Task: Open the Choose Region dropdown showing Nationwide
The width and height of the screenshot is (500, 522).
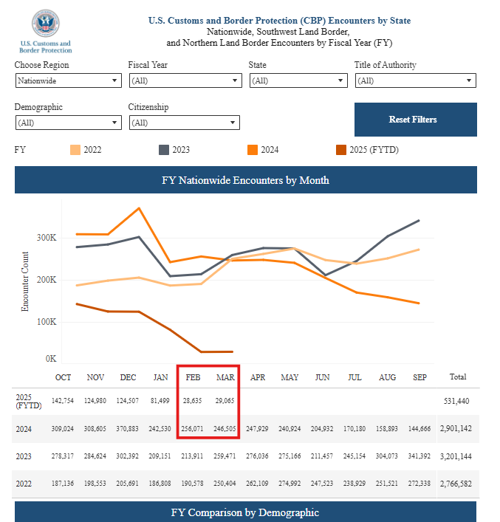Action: (67, 81)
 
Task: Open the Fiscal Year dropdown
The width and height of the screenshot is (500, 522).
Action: (184, 81)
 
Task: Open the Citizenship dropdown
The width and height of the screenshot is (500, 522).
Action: (184, 123)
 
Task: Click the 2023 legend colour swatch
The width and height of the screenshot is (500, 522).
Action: (164, 150)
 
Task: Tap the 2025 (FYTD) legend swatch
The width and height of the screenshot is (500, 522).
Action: (341, 150)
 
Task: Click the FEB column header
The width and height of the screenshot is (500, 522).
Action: (193, 377)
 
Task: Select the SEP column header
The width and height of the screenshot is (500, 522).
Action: (419, 377)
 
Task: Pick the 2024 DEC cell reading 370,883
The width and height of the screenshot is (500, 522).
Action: (128, 428)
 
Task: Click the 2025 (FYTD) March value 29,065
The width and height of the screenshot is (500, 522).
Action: (225, 401)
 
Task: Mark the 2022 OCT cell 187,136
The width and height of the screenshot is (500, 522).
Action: (64, 484)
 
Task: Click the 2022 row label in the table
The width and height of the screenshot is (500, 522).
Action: (24, 484)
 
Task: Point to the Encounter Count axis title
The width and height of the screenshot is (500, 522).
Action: (25, 281)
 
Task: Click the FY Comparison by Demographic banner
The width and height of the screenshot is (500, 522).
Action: (245, 512)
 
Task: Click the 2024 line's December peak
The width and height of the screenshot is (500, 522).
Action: (139, 208)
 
